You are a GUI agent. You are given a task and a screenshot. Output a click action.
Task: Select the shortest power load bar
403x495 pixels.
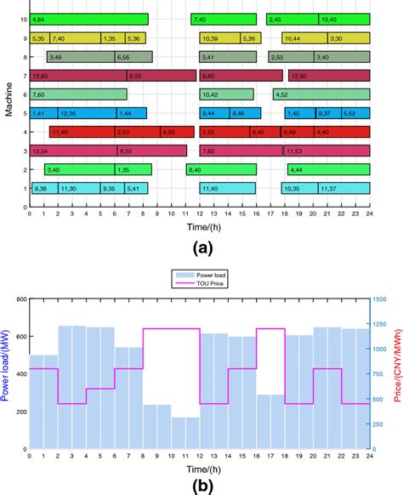click(185, 433)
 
